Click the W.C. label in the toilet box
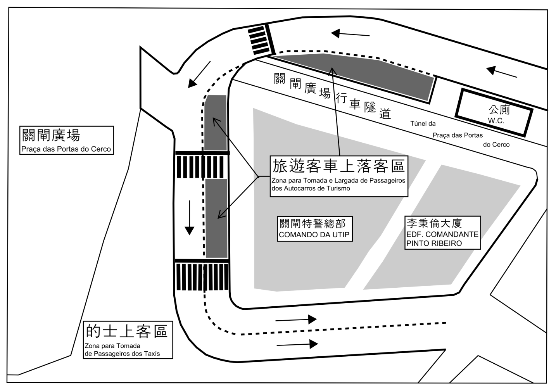tap(496, 121)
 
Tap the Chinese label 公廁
tap(499, 110)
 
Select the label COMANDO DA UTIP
tap(314, 235)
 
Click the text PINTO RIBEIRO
tap(434, 243)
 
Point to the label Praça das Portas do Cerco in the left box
tap(66, 149)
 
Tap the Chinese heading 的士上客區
tap(126, 332)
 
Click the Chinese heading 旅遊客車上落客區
tap(338, 166)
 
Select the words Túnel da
tap(423, 124)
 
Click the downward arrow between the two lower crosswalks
tap(189, 218)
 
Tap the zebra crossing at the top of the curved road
tap(260, 39)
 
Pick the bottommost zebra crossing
tap(202, 276)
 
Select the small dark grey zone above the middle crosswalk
tap(216, 123)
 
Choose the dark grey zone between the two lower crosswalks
tap(216, 218)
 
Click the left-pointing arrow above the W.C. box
tap(502, 72)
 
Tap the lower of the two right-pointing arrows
tap(297, 344)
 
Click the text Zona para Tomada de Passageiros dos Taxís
tap(122, 350)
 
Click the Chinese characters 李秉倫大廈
tap(434, 223)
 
